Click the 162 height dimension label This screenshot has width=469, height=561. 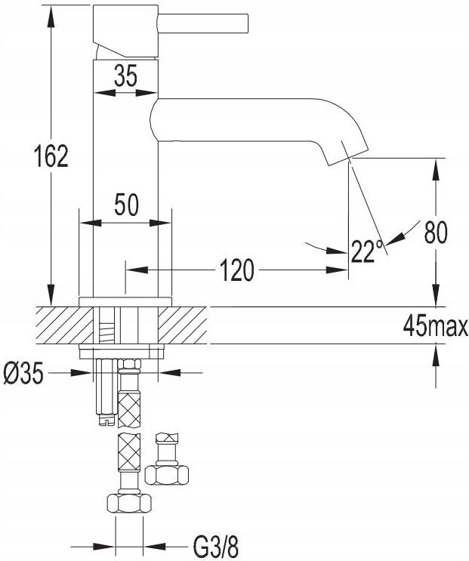(x=51, y=156)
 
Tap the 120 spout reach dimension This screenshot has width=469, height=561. (x=236, y=270)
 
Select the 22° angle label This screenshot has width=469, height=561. (x=366, y=251)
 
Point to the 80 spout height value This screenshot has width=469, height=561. (x=435, y=233)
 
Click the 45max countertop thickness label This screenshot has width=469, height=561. (x=435, y=326)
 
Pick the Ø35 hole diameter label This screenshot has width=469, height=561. (x=23, y=373)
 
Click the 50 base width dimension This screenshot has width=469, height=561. (x=126, y=205)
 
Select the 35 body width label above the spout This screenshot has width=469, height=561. (x=125, y=76)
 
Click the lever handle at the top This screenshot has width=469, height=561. (x=203, y=22)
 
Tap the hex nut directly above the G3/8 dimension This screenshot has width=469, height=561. (x=129, y=504)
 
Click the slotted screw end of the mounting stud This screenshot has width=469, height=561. (x=106, y=420)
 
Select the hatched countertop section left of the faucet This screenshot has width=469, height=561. (x=64, y=325)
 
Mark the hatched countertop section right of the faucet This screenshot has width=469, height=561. (x=183, y=325)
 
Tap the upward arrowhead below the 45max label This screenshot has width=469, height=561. (x=435, y=355)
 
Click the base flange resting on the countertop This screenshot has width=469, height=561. (x=125, y=301)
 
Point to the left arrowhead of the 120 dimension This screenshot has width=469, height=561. (x=137, y=270)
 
